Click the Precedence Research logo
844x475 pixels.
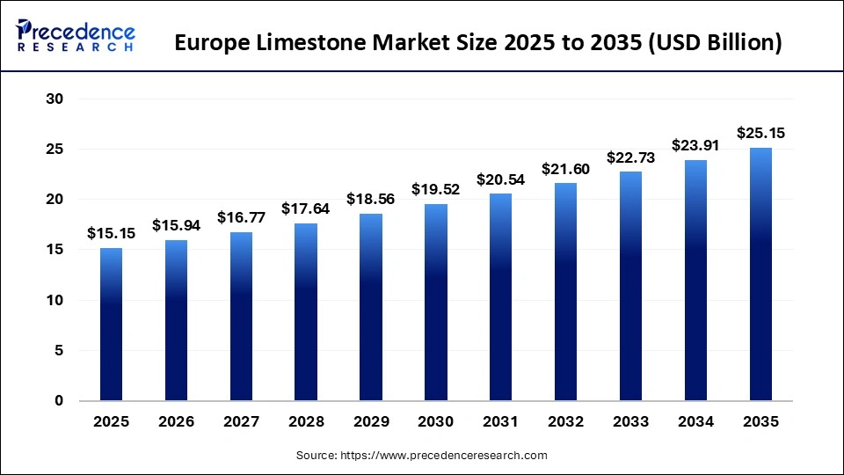pos(75,36)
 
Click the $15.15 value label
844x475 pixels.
pos(111,234)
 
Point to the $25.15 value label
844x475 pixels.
pos(760,134)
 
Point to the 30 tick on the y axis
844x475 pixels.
pos(55,99)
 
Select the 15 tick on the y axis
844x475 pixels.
pos(55,250)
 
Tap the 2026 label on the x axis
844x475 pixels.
pos(176,422)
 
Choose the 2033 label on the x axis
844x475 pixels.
pos(630,422)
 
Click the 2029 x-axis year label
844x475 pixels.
pos(370,422)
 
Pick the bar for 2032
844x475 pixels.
pos(565,291)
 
